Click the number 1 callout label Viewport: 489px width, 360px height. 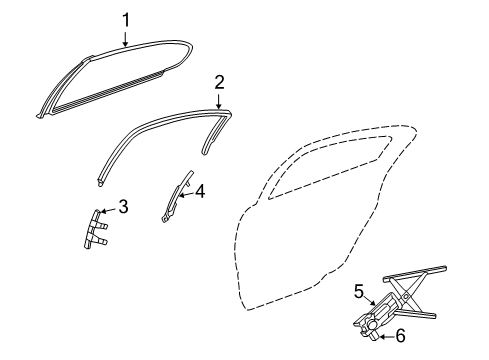pos(126,18)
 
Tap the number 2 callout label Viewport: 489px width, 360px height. pos(219,81)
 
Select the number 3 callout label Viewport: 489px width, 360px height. pos(123,207)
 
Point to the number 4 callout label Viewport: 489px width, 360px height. pos(200,191)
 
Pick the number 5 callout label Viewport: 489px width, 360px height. pos(359,291)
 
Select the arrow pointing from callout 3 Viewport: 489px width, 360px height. pos(110,210)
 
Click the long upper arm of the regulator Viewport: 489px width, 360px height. pos(420,273)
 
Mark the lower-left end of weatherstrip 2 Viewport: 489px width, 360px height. pos(103,184)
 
